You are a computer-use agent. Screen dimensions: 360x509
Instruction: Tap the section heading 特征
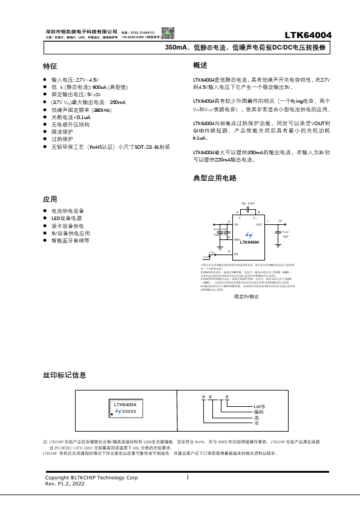[x=50, y=65]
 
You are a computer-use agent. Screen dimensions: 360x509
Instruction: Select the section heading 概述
[x=200, y=65]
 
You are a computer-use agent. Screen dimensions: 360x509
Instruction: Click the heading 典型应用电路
[x=214, y=178]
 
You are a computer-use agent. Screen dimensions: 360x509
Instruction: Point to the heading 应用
[x=50, y=199]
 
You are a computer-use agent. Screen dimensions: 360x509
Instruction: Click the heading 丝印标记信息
[x=64, y=375]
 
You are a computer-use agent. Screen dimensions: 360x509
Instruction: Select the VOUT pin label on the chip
[x=258, y=224]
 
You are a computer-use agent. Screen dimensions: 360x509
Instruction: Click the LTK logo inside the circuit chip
[x=248, y=234]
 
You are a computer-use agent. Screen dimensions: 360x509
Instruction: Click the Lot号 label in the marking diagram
[x=260, y=406]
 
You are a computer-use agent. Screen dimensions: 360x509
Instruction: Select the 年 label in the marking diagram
[x=256, y=421]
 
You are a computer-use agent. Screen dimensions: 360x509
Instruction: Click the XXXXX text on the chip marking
[x=129, y=411]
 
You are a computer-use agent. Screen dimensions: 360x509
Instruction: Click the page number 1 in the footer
[x=188, y=478]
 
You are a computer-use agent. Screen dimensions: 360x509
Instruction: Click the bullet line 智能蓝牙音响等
[x=70, y=240]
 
